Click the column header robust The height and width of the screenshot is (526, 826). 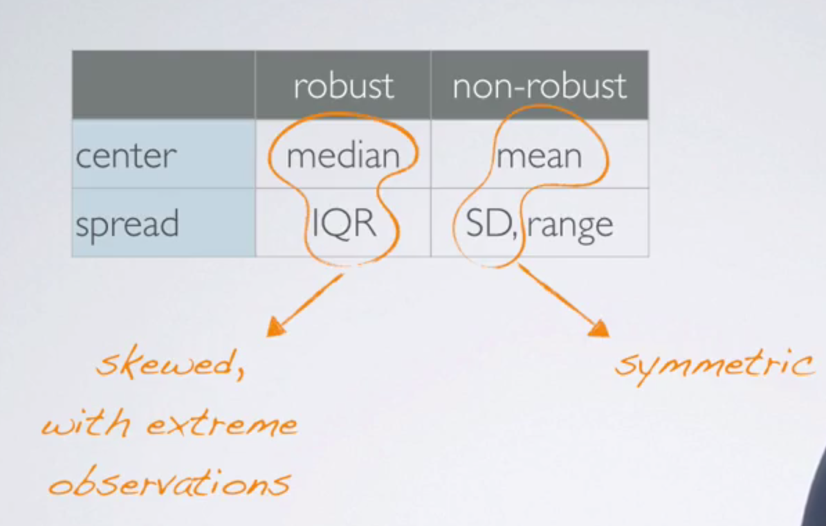click(x=343, y=87)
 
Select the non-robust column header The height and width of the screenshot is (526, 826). click(x=540, y=87)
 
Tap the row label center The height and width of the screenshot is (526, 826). click(x=125, y=156)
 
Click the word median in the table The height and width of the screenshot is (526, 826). click(x=343, y=156)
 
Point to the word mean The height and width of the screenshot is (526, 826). click(x=540, y=156)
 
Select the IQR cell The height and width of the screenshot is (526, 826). click(x=344, y=224)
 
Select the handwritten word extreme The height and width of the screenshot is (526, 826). click(x=221, y=424)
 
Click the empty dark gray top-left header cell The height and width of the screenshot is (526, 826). click(x=163, y=84)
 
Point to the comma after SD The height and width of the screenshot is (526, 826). click(x=513, y=235)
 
